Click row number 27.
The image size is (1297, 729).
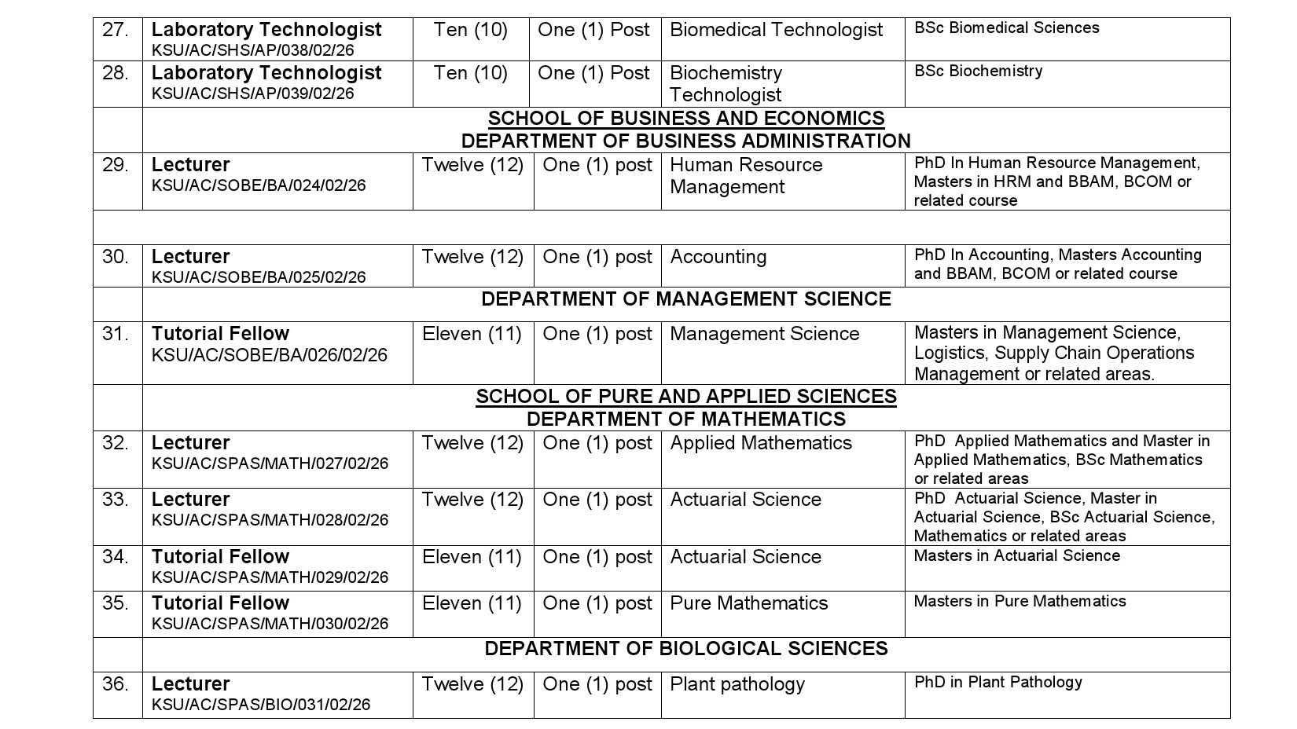[x=116, y=31]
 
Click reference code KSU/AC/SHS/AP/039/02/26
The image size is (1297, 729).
[x=252, y=93]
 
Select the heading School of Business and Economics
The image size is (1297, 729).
[x=685, y=119]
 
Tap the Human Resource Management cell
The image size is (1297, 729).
[x=745, y=176]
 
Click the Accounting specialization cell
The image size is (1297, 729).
[x=718, y=257]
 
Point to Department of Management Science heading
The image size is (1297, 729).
[x=685, y=299]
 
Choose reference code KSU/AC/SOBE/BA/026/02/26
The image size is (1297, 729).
[x=269, y=355]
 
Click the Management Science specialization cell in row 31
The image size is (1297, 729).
[x=764, y=334]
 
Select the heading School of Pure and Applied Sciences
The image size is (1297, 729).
[x=685, y=396]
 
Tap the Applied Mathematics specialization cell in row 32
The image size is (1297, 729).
[x=760, y=443]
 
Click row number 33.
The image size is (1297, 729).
[x=116, y=500]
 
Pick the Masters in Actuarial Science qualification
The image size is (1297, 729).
[x=1016, y=556]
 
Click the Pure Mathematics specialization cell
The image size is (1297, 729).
[x=748, y=603]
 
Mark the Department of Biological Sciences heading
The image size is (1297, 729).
[x=685, y=649]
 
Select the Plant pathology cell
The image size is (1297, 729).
[x=737, y=684]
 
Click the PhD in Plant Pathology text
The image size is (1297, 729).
[x=998, y=683]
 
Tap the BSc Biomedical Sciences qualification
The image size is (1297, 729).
[x=1006, y=28]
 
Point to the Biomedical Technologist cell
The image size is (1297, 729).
[x=776, y=31]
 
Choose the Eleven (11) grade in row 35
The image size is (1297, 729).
[x=472, y=603]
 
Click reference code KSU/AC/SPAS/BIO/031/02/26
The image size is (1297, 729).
[x=260, y=705]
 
